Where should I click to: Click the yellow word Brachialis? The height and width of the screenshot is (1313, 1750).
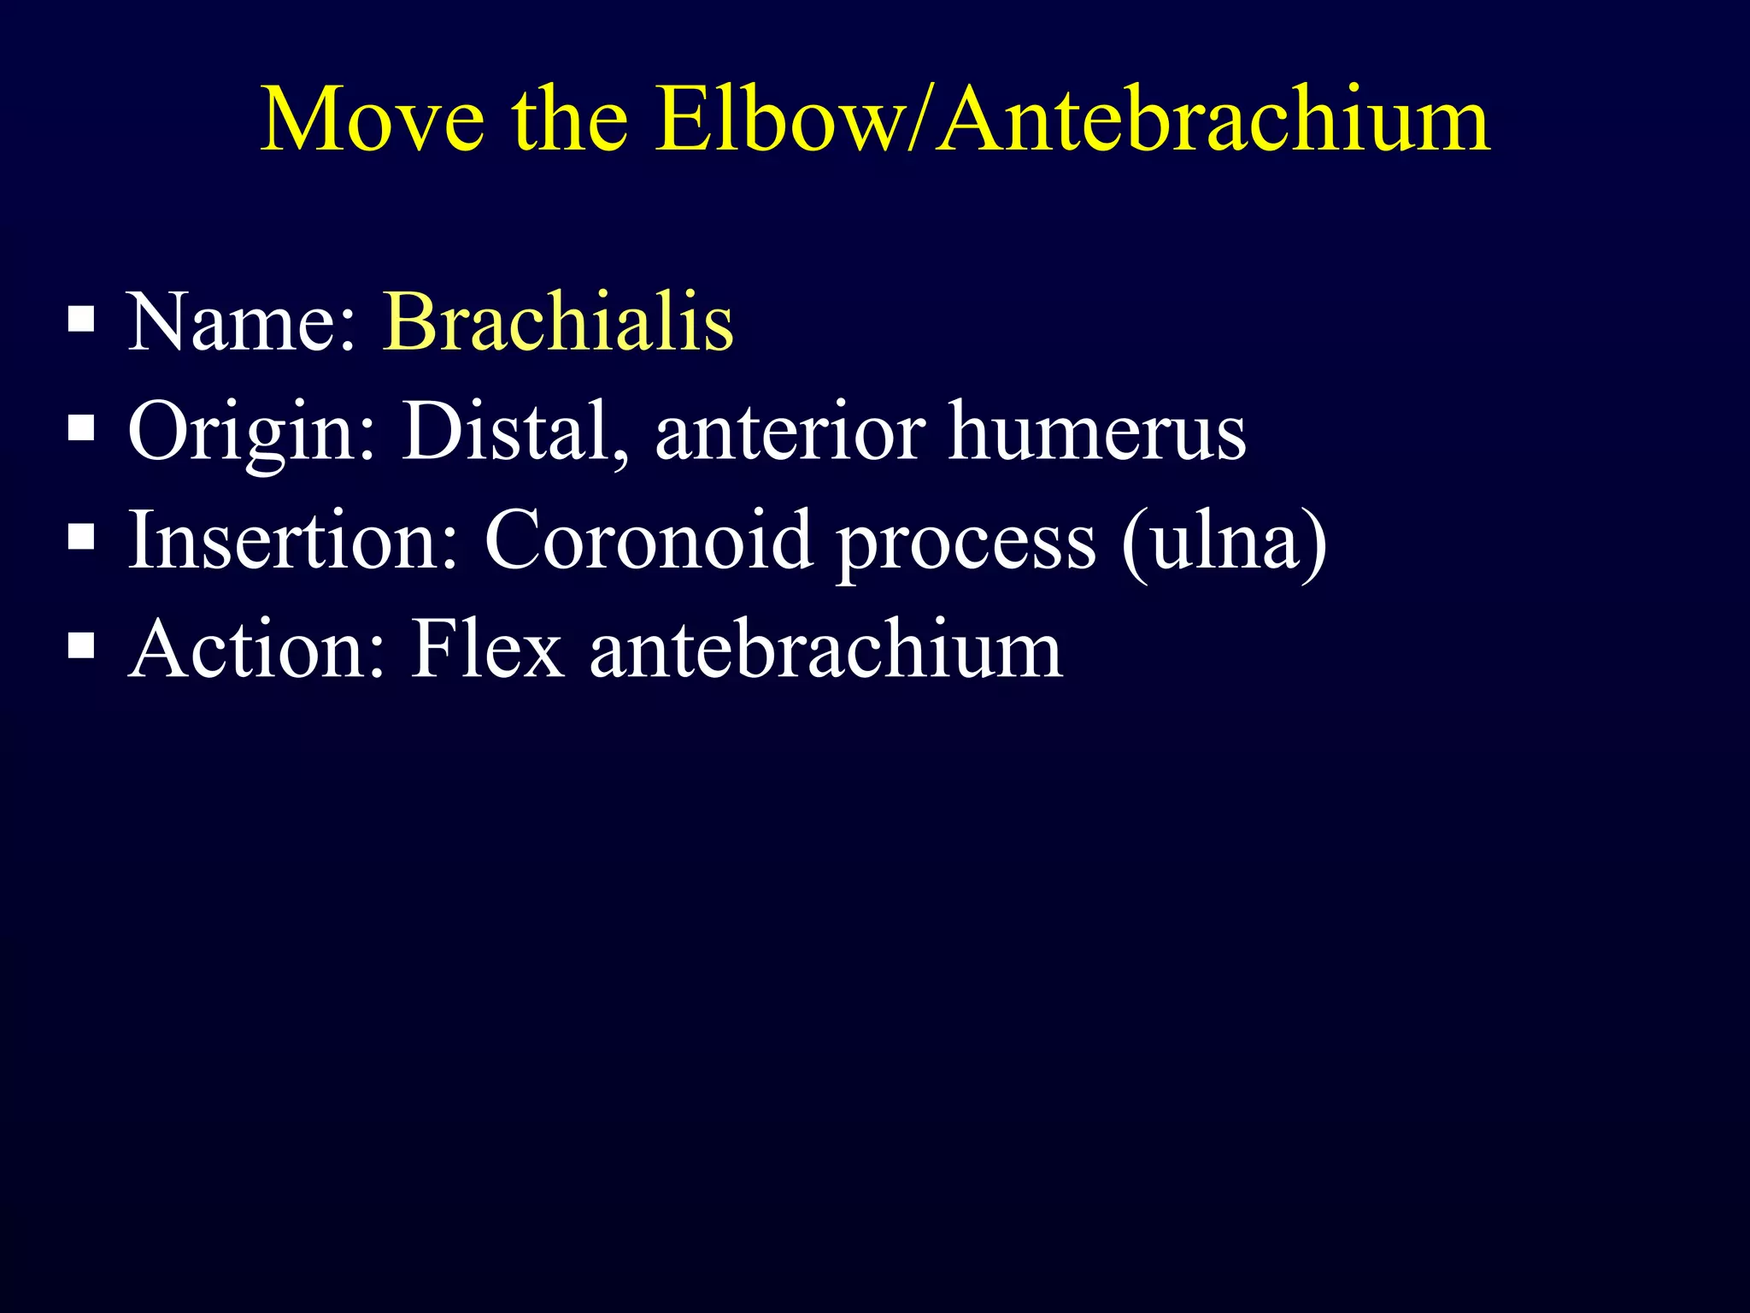558,322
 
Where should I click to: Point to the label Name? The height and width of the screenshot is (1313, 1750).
241,322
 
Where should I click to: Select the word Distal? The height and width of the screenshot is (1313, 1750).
516,432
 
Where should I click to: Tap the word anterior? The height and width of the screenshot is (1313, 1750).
790,432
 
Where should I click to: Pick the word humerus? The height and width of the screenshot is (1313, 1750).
1097,432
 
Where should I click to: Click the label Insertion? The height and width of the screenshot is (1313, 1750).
293,540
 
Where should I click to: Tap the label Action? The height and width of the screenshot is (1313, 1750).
257,650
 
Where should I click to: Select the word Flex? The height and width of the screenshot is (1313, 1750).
487,650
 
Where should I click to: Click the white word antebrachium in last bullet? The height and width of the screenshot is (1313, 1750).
825,650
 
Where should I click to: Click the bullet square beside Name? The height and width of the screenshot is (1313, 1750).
80,320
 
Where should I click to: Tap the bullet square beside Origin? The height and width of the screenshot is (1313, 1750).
80,427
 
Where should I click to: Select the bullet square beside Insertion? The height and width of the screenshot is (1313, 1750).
80,537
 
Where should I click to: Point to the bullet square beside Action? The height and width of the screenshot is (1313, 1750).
80,645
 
